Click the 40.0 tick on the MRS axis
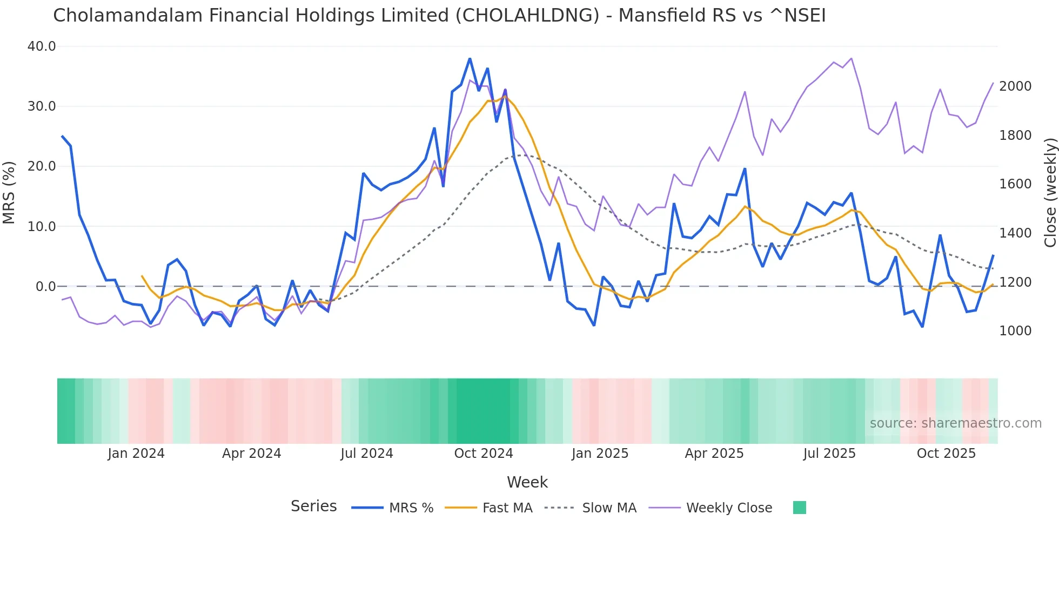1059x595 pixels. coord(42,46)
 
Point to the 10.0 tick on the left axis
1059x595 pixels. coord(42,227)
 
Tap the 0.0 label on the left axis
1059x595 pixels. coord(45,287)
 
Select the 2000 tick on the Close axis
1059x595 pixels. coord(1015,86)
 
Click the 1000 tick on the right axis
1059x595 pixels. coord(1015,331)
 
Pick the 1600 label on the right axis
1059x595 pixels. coord(1015,184)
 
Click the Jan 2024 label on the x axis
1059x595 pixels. coord(136,454)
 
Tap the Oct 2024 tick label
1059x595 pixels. coord(484,454)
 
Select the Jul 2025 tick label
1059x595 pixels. coord(829,454)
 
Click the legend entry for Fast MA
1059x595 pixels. coord(507,508)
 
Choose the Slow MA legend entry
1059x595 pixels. coord(609,508)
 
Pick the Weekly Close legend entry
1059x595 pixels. coord(728,508)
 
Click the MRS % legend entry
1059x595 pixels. coord(411,508)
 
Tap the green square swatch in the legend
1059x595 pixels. coord(799,508)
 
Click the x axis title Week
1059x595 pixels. coord(527,482)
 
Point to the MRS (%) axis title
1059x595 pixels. coord(9,192)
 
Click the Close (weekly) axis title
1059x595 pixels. coord(1050,192)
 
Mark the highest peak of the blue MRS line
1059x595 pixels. coord(470,58)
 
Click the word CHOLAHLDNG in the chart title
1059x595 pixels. coord(527,16)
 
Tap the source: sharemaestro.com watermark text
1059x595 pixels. coord(955,423)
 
